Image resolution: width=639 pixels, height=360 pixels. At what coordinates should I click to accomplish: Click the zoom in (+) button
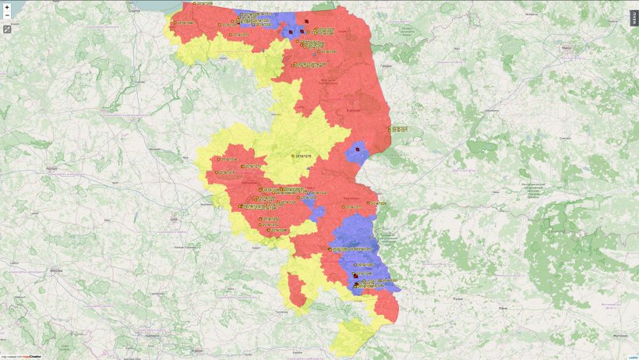(x=7, y=6)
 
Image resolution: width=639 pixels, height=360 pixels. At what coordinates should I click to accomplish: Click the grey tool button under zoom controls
(x=7, y=29)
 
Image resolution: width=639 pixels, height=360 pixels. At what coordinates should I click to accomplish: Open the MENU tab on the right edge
(x=634, y=18)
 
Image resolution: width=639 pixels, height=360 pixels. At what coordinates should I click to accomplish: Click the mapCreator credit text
(x=30, y=356)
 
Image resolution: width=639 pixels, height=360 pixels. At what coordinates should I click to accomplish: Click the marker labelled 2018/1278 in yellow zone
(x=294, y=157)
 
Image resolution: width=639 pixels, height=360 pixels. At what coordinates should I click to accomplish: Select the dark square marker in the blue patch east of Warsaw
(x=357, y=148)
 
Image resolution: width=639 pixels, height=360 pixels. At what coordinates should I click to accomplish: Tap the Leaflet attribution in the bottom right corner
(x=632, y=356)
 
